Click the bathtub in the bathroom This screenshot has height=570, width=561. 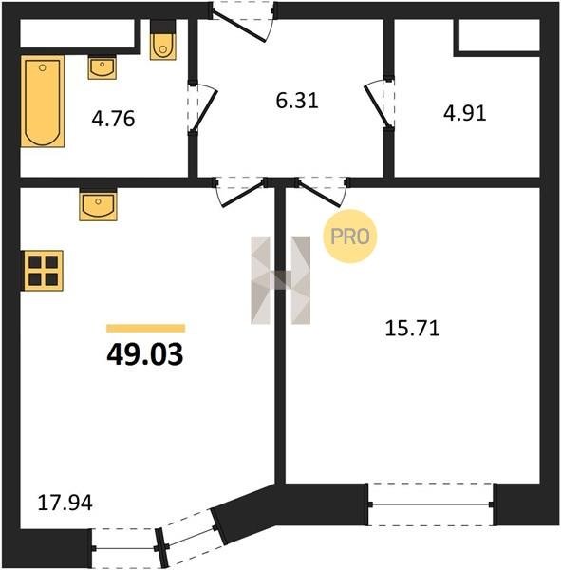(x=43, y=102)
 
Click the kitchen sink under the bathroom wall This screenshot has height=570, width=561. (x=98, y=206)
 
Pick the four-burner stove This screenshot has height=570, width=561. (x=44, y=271)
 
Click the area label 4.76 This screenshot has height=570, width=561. (x=113, y=119)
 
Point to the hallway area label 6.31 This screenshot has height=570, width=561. (x=297, y=101)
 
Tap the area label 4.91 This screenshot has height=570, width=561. (x=465, y=113)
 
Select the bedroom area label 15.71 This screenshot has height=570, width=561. (x=412, y=329)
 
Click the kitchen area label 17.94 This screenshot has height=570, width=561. (x=65, y=503)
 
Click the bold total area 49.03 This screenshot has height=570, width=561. (x=145, y=354)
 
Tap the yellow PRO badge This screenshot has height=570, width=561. (x=350, y=237)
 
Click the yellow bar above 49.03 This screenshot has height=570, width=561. (x=145, y=329)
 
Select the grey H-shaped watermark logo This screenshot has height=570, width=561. (x=281, y=280)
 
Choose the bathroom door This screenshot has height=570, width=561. (x=202, y=107)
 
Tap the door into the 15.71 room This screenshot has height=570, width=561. (x=322, y=192)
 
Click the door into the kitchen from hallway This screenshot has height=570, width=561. (x=240, y=192)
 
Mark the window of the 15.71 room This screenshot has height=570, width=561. (x=431, y=504)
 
